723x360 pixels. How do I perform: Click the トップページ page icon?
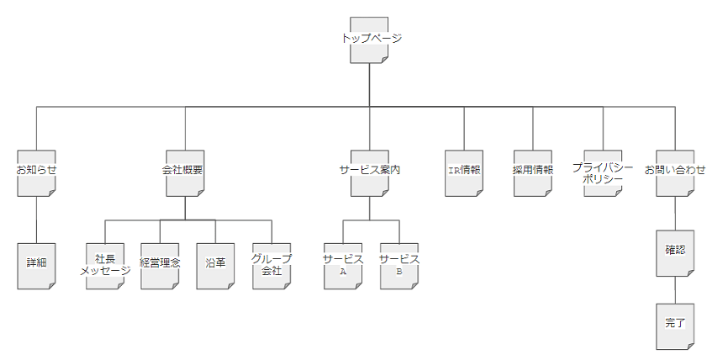370,40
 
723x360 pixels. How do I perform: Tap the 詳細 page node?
37,265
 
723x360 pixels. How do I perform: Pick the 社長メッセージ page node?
105,265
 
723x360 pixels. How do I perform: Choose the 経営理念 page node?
160,265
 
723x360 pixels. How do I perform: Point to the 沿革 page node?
215,265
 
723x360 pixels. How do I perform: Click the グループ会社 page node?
271,265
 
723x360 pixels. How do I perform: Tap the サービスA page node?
343,265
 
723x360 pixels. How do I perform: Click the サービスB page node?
398,265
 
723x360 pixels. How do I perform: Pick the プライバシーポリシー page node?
603,172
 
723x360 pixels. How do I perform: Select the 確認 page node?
675,252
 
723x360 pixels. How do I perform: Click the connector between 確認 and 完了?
675,289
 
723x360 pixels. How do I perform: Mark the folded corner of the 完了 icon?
690,345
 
